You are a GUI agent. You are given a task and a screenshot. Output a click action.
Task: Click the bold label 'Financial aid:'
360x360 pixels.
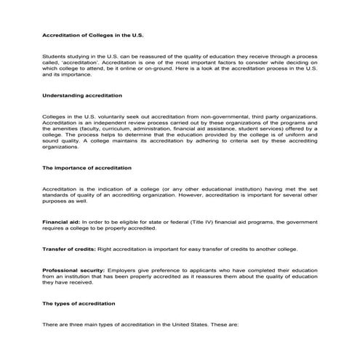[61, 220]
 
